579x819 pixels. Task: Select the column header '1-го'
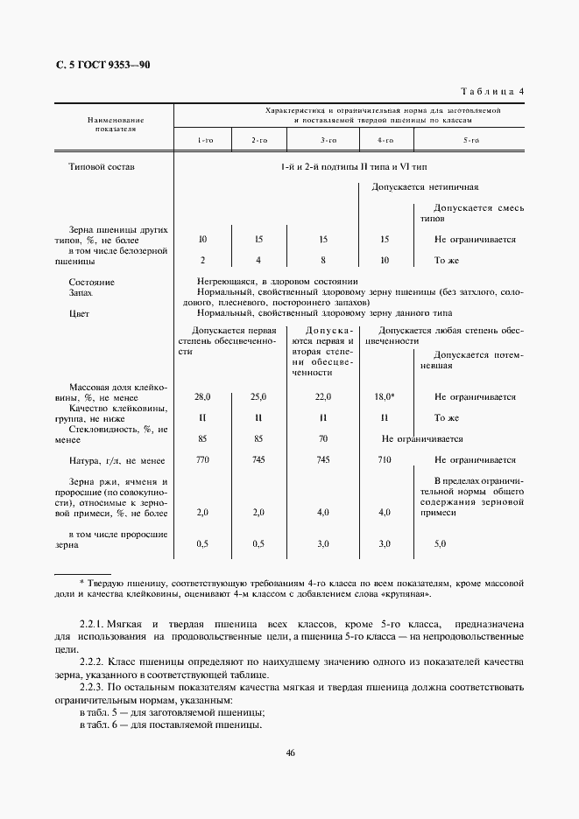click(204, 140)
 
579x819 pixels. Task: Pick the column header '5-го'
click(470, 140)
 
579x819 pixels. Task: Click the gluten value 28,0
click(204, 396)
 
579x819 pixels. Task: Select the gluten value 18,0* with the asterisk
click(385, 396)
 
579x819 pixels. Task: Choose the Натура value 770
click(204, 459)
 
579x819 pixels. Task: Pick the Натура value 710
click(384, 459)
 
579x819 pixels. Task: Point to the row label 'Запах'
click(81, 293)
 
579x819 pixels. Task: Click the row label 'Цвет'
click(80, 312)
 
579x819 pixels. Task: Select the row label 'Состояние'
click(91, 283)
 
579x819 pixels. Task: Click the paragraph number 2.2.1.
click(92, 627)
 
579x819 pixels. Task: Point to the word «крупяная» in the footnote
click(406, 594)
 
